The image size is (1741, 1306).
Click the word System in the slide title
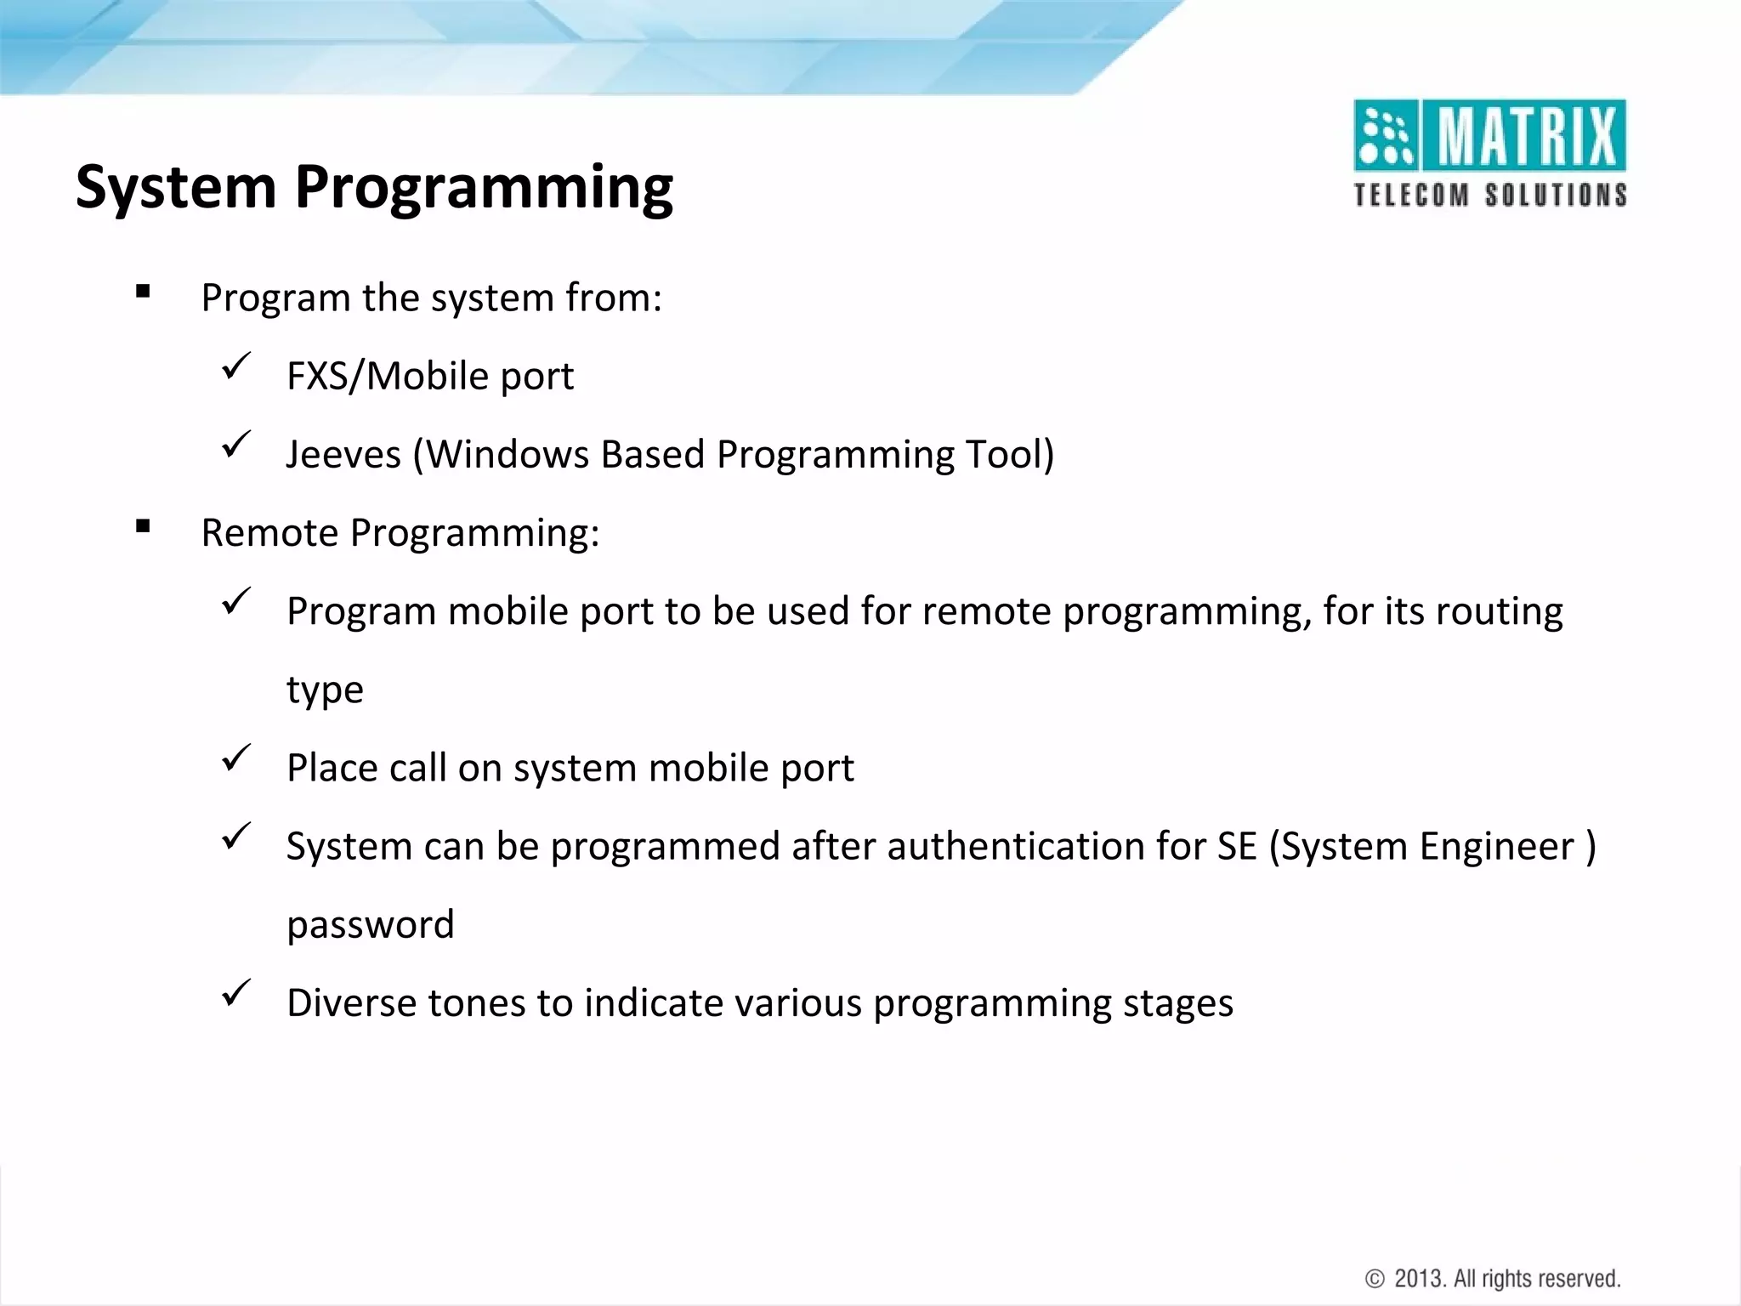(x=176, y=186)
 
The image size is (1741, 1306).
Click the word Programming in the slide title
(x=484, y=188)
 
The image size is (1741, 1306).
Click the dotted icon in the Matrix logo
(x=1385, y=136)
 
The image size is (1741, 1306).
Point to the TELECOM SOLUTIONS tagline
(x=1489, y=195)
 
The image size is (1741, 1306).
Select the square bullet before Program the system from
(x=143, y=292)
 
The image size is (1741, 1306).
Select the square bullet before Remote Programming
(x=143, y=527)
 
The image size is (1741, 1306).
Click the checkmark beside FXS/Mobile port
(x=235, y=367)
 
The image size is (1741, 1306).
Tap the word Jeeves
(x=343, y=454)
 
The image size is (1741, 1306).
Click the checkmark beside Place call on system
(x=235, y=758)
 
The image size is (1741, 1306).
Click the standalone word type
(x=325, y=690)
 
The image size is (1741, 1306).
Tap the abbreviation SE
(x=1237, y=847)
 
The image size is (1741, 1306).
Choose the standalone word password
(x=371, y=925)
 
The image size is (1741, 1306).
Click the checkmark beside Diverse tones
(x=235, y=993)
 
